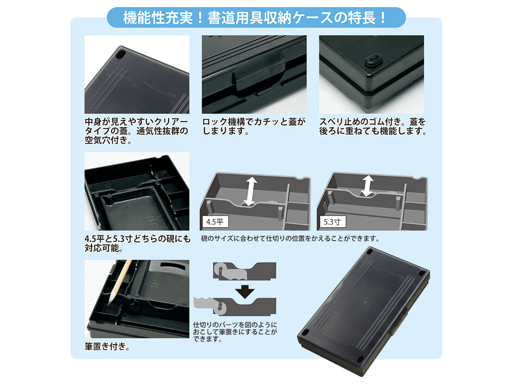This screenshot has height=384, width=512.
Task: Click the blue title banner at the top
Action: coord(256,17)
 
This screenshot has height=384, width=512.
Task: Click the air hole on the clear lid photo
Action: coord(120,53)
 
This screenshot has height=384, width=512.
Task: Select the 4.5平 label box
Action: coord(215,222)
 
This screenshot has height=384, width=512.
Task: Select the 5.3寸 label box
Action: coord(332,222)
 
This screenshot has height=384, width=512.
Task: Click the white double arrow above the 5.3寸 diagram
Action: coord(367,185)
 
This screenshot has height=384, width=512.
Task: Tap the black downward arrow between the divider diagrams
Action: coord(245,292)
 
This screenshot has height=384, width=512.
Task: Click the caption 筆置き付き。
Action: coord(107,346)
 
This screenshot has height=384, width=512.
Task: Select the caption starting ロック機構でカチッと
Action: coord(253,126)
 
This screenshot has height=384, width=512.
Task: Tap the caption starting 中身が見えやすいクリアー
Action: coord(136,131)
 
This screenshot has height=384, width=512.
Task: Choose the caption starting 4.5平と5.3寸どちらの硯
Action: coord(137,243)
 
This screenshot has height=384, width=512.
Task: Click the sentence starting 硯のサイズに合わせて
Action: coord(290,238)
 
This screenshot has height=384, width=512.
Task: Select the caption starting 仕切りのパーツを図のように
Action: coord(235,332)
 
